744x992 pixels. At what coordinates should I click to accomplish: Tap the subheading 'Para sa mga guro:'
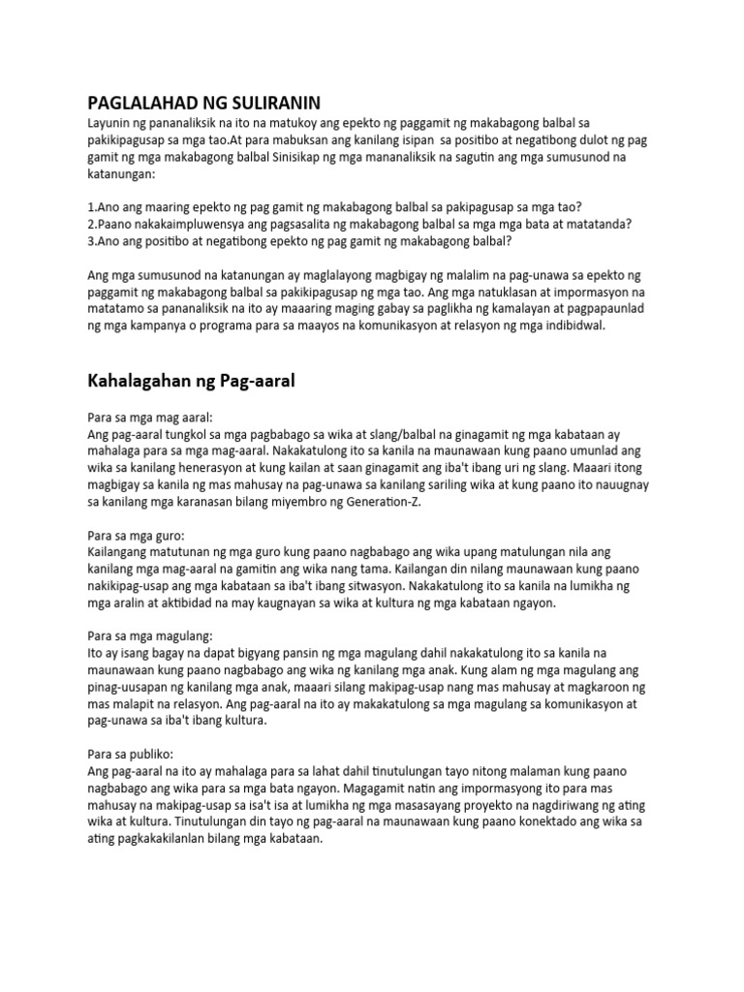[136, 534]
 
